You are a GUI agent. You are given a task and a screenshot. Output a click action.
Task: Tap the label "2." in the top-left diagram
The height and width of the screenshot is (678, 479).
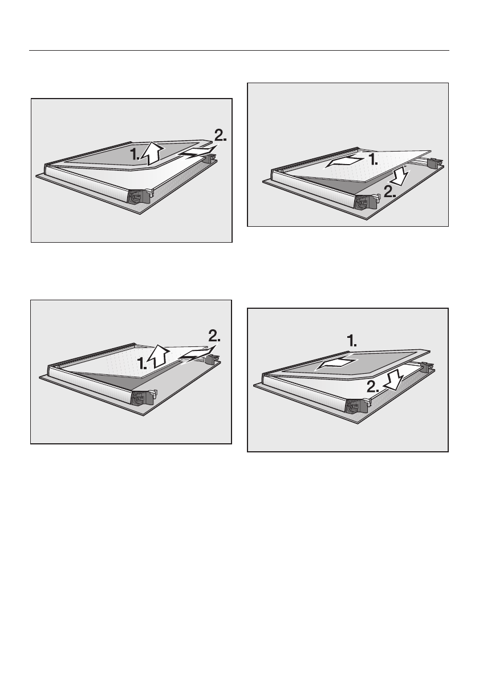[x=221, y=136]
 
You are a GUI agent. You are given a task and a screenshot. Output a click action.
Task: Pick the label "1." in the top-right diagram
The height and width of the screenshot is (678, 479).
[x=374, y=160]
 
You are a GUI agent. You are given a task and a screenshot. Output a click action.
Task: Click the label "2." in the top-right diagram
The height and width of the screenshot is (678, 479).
[x=389, y=192]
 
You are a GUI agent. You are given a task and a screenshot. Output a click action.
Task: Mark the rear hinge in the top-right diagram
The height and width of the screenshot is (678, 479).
[x=434, y=163]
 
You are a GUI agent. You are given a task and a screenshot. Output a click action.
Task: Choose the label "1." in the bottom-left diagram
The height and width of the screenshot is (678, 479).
[x=143, y=363]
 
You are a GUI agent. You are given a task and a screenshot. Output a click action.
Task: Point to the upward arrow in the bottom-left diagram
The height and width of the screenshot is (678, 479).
[x=159, y=357]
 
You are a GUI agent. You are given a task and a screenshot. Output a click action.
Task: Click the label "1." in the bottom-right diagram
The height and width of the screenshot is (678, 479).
[x=352, y=342]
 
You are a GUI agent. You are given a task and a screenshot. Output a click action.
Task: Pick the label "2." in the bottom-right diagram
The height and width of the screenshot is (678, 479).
[x=373, y=386]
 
